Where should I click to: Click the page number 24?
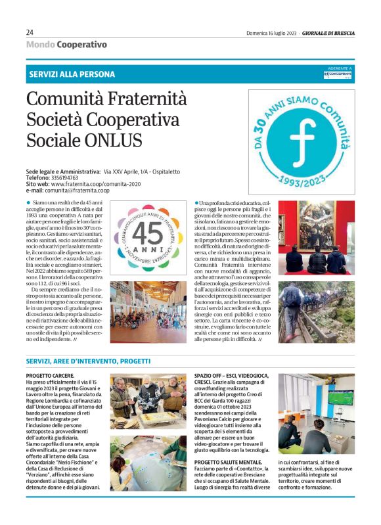click(30, 32)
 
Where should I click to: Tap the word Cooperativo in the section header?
click(82, 44)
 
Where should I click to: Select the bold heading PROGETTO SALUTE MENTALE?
click(229, 462)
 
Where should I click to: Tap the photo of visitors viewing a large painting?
click(316, 237)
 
